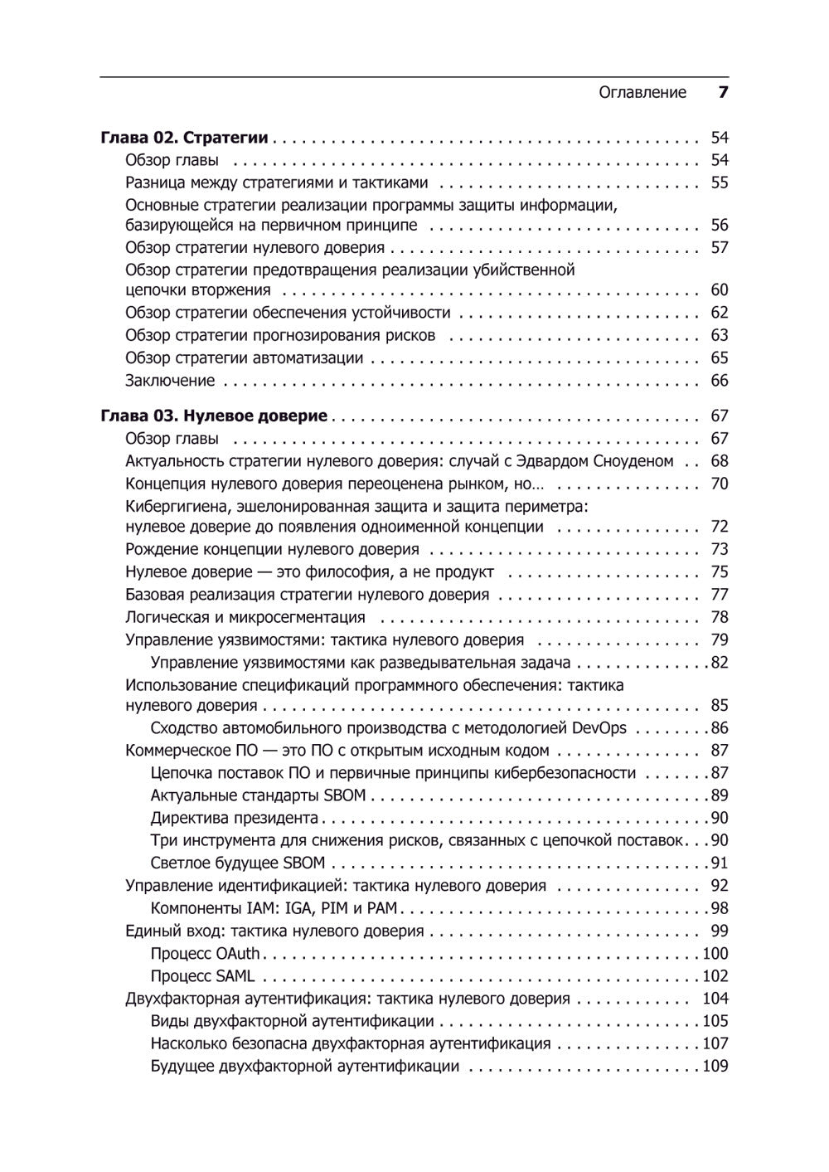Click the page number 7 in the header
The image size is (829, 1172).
click(x=722, y=93)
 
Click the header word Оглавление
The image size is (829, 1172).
click(x=642, y=93)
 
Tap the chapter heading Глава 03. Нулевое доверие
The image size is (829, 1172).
click(x=214, y=416)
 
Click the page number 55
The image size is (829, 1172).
click(x=719, y=183)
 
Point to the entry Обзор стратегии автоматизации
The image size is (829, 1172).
click(x=245, y=358)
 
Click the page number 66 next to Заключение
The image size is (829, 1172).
click(x=719, y=381)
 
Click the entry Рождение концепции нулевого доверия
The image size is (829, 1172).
click(x=272, y=550)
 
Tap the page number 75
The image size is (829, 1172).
click(x=719, y=572)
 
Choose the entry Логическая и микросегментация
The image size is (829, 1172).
click(x=245, y=617)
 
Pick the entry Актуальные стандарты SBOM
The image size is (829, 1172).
click(x=258, y=795)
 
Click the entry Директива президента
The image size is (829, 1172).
click(x=235, y=818)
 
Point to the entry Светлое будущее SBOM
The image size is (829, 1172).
click(x=238, y=863)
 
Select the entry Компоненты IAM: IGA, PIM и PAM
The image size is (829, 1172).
click(x=263, y=908)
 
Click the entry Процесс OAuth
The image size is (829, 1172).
click(x=205, y=954)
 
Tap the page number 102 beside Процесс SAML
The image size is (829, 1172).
click(x=715, y=976)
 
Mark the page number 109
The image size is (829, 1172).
click(x=715, y=1067)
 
